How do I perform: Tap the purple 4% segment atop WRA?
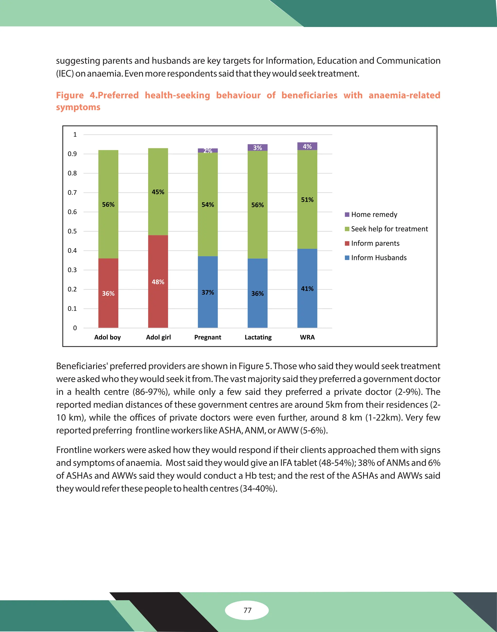(x=307, y=146)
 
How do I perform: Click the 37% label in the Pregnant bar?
(x=208, y=292)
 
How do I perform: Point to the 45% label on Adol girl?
(x=158, y=192)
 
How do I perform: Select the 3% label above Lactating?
(x=257, y=148)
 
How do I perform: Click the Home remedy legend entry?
(x=374, y=215)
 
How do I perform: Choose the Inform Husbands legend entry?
(x=379, y=258)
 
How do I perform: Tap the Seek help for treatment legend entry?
(x=389, y=229)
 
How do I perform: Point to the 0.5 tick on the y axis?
(x=72, y=231)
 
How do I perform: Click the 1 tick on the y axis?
(x=75, y=135)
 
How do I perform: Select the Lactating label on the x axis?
(x=258, y=337)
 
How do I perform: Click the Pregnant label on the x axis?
(x=208, y=337)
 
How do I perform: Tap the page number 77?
(x=247, y=610)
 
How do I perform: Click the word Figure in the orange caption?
(x=70, y=95)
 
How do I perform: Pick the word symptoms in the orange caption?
(x=78, y=107)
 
